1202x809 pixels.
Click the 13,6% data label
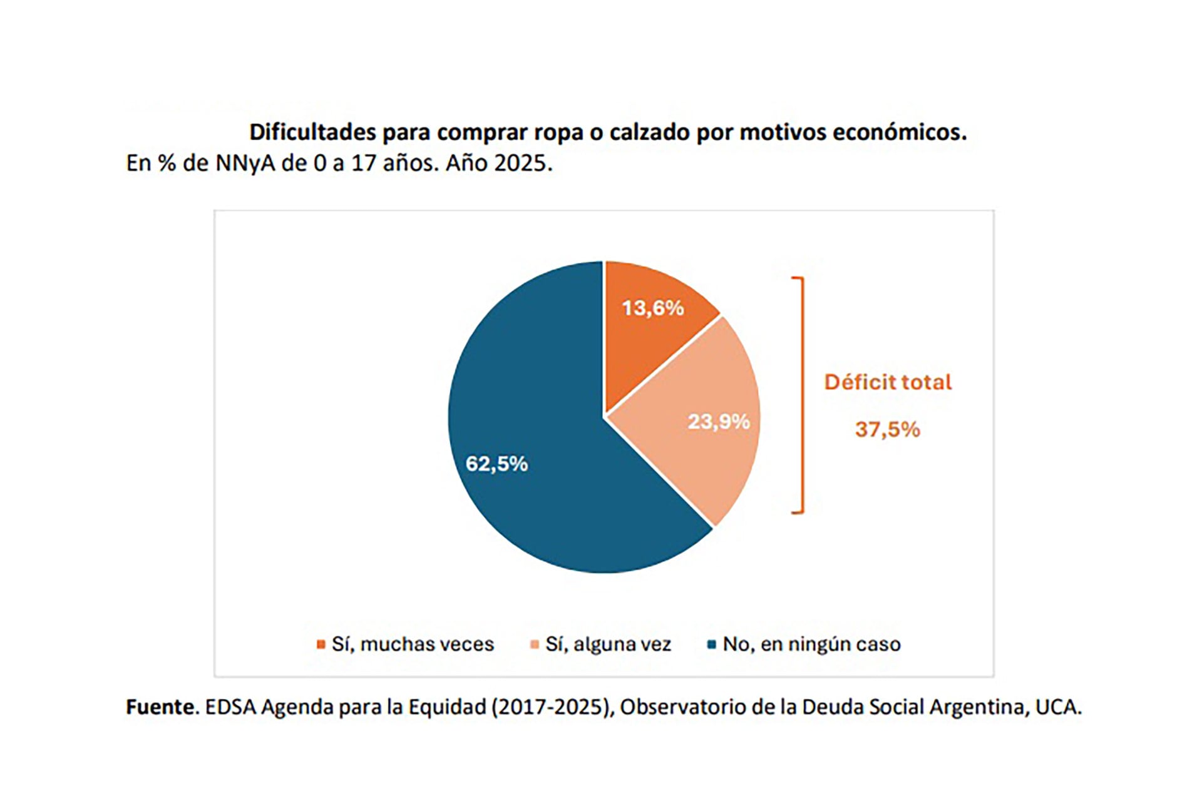[653, 308]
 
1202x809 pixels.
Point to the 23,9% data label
[719, 422]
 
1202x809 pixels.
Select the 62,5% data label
[496, 464]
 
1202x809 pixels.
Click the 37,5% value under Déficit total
[887, 429]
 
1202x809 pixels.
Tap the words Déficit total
[887, 382]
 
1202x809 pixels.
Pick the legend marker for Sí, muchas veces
[321, 644]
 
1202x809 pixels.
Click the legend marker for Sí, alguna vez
[535, 644]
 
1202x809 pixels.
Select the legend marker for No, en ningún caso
[711, 644]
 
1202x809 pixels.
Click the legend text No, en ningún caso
[811, 644]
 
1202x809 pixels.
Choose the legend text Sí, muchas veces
[413, 644]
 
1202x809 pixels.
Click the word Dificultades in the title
[313, 132]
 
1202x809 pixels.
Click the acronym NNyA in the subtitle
[245, 163]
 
